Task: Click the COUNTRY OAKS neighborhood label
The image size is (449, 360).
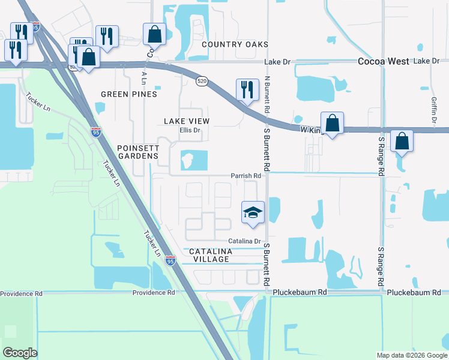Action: [x=235, y=45]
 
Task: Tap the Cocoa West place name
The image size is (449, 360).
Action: [x=384, y=61]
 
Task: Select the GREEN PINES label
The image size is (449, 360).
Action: [x=129, y=94]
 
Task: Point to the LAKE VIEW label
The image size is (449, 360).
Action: [x=187, y=121]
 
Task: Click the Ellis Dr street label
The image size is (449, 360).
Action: [x=189, y=130]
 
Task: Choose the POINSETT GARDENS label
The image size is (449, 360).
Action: [x=139, y=152]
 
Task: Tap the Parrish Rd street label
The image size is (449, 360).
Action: [x=246, y=176]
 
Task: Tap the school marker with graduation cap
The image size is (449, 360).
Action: [x=253, y=212]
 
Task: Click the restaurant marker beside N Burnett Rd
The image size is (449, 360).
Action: [x=247, y=91]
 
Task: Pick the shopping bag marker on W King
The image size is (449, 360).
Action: [x=332, y=123]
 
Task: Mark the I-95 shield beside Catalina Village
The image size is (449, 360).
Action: [x=170, y=260]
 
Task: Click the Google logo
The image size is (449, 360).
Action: [x=20, y=353]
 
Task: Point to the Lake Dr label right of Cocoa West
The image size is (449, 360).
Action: [x=427, y=61]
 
